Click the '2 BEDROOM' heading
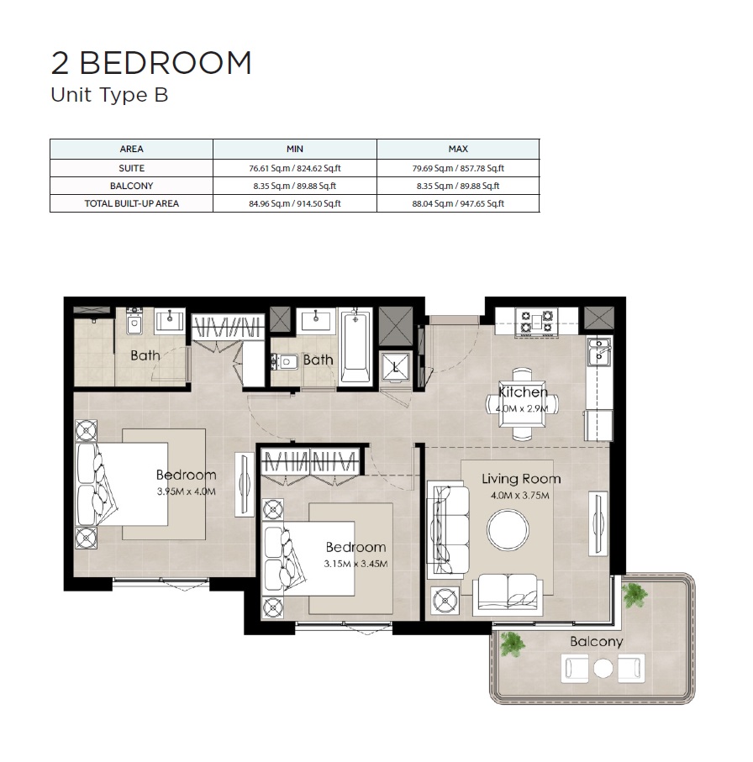point(151,63)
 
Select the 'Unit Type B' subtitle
point(109,95)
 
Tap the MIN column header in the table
point(294,149)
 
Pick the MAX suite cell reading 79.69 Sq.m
point(458,167)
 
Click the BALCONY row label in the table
point(131,186)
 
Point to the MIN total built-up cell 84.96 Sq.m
point(294,203)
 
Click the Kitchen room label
point(523,392)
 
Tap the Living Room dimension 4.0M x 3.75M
point(520,496)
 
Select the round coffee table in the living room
point(508,530)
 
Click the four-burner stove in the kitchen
point(537,320)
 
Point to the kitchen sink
point(599,352)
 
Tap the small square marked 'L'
point(395,366)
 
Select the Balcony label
point(596,641)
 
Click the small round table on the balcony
point(603,669)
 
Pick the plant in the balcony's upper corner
point(635,595)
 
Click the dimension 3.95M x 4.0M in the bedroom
point(186,491)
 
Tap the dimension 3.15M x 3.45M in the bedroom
point(355,564)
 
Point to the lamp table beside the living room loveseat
point(444,602)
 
